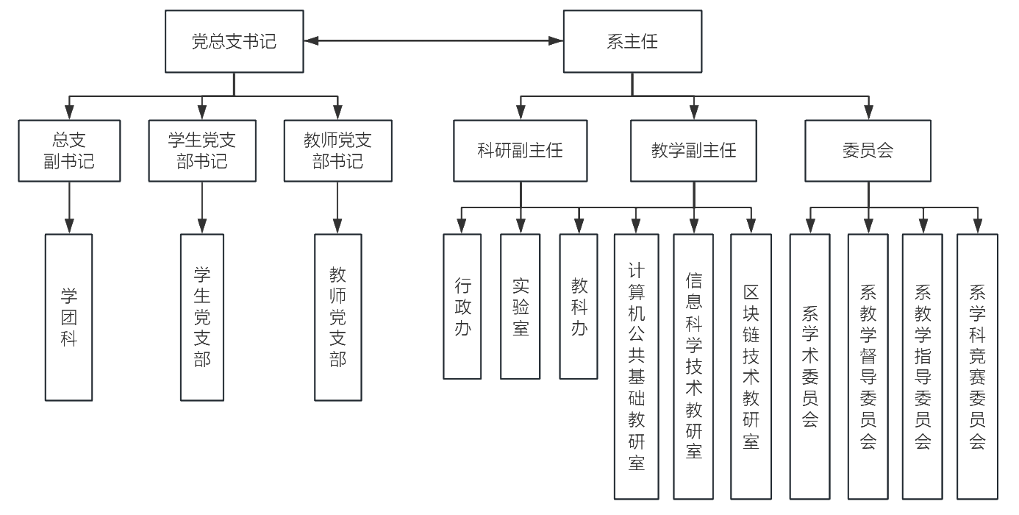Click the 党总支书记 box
pyautogui.click(x=234, y=42)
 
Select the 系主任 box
pyautogui.click(x=631, y=42)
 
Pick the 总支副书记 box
pyautogui.click(x=69, y=151)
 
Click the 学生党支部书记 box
pyautogui.click(x=202, y=151)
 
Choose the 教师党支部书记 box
pyautogui.click(x=337, y=151)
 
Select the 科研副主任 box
pyautogui.click(x=521, y=151)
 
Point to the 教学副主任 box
pyautogui.click(x=694, y=151)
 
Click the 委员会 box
pyautogui.click(x=868, y=151)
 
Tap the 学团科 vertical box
pyautogui.click(x=69, y=317)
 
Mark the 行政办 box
pyautogui.click(x=462, y=306)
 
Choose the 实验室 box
pyautogui.click(x=521, y=306)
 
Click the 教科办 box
pyautogui.click(x=579, y=306)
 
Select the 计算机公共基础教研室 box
pyautogui.click(x=636, y=366)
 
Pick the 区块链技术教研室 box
pyautogui.click(x=751, y=366)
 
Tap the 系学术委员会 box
pyautogui.click(x=809, y=366)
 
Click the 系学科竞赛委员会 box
pyautogui.click(x=977, y=366)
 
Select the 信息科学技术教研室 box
pyautogui.click(x=693, y=366)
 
